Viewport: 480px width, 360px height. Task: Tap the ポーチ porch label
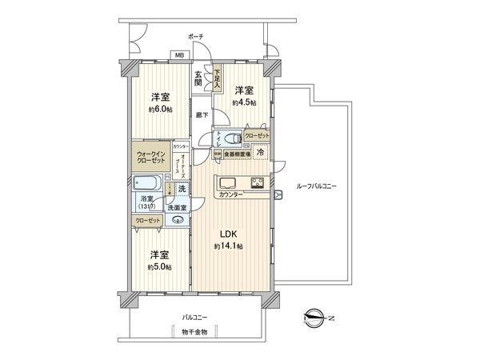coord(195,37)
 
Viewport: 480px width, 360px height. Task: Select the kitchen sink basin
coord(227,180)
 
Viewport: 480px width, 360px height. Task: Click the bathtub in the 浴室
coord(150,188)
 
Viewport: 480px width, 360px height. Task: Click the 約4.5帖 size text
coord(244,102)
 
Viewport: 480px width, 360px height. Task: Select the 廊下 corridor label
coord(202,114)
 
